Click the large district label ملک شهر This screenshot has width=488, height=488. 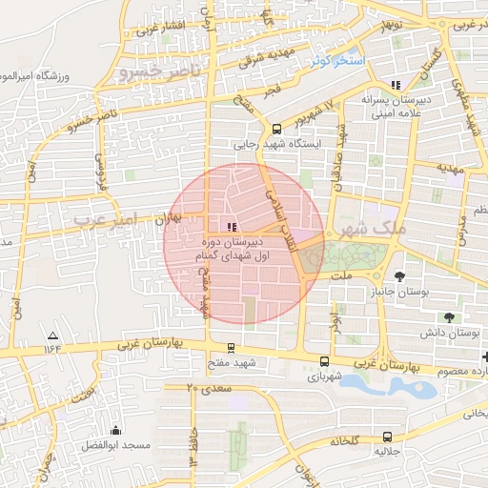378,231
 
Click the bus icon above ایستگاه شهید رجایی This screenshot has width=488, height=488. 276,130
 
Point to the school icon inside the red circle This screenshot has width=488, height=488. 232,226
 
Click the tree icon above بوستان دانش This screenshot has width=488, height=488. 448,317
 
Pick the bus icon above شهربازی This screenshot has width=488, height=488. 325,361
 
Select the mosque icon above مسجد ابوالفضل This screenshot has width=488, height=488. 116,431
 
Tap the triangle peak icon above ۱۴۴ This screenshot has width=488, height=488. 52,335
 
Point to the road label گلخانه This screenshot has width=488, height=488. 344,441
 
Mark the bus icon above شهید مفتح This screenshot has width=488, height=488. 231,348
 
